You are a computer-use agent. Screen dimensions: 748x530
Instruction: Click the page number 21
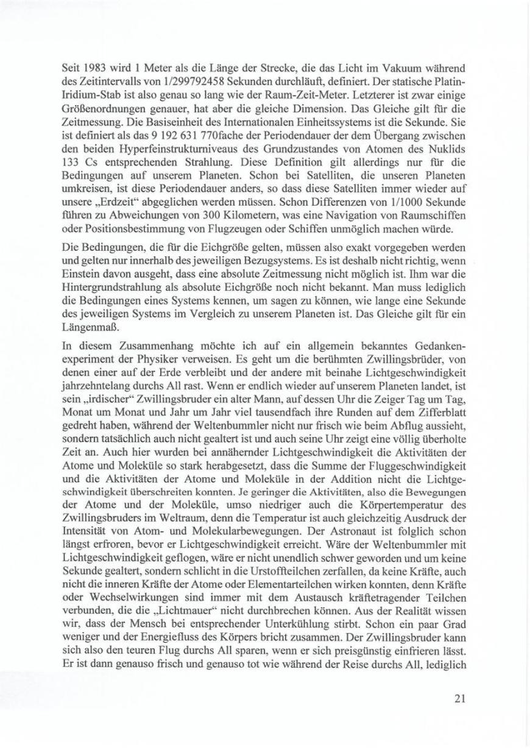click(460, 698)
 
